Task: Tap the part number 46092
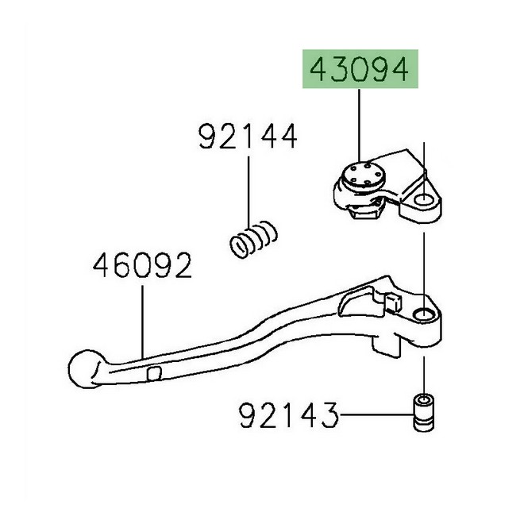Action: coord(143,267)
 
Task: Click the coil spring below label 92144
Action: coord(253,238)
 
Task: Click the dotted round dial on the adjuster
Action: coord(360,175)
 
